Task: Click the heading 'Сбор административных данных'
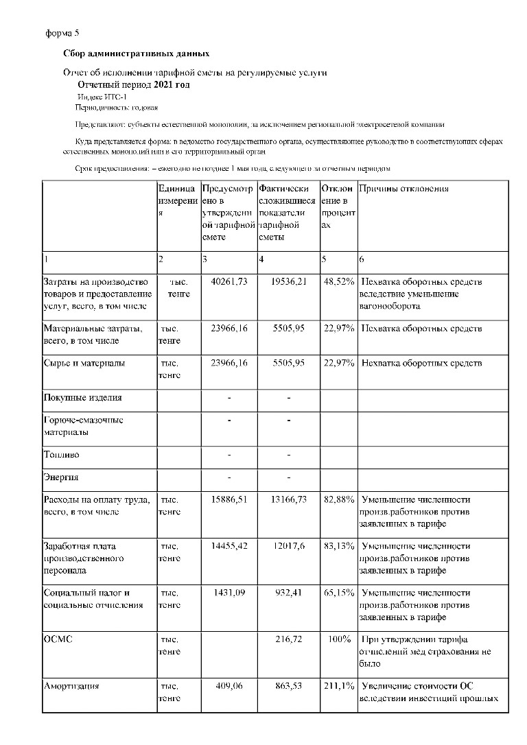coord(136,54)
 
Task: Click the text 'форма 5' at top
coord(62,32)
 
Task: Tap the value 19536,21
coord(288,282)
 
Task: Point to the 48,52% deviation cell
coord(339,282)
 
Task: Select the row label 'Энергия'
coord(62,477)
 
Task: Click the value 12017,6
coord(290,546)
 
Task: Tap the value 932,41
coord(291,593)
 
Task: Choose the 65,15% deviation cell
coord(339,593)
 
